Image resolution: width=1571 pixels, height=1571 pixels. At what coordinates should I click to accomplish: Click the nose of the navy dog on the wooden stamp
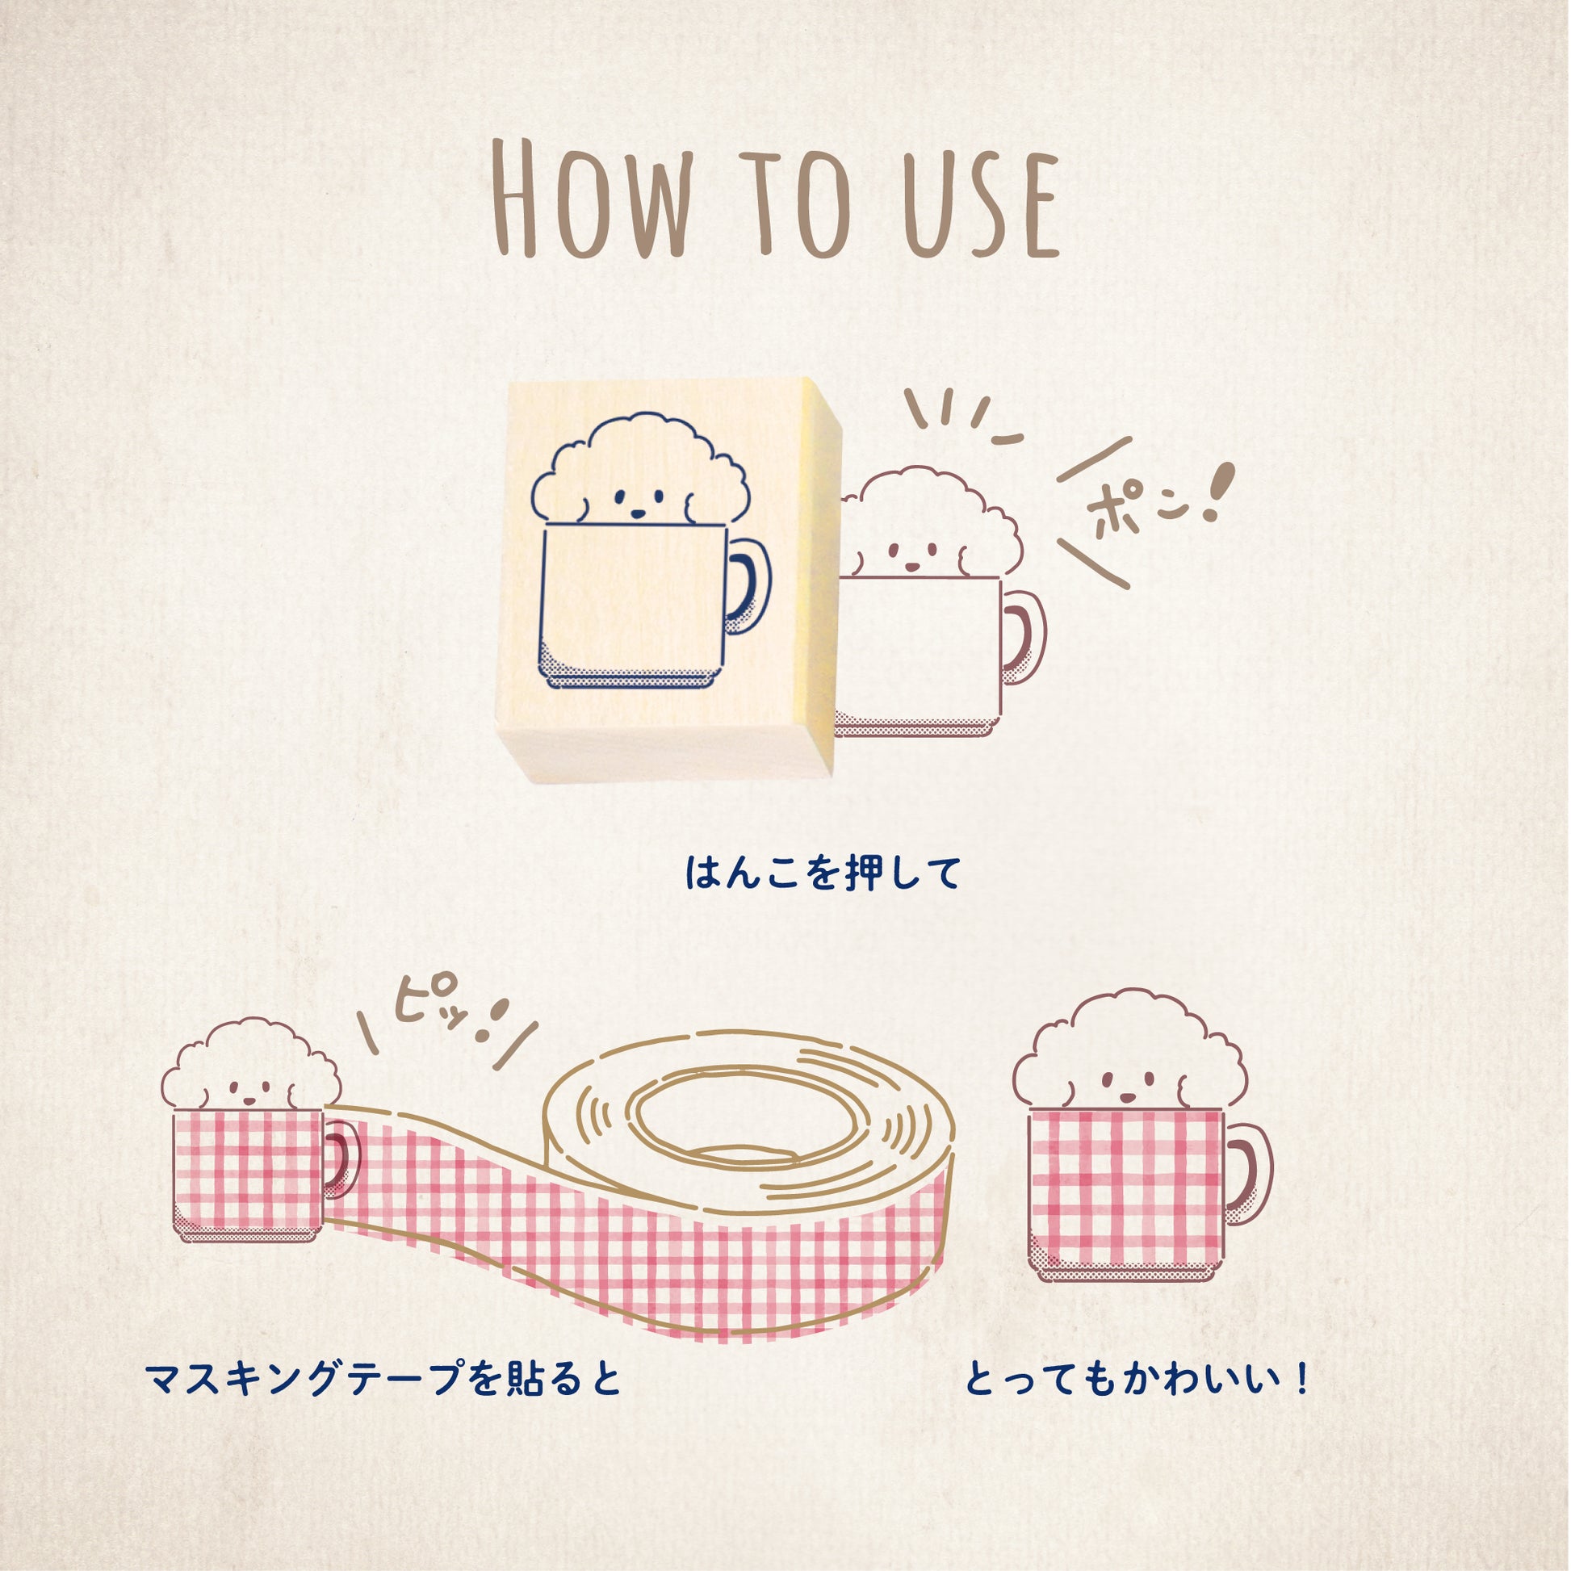click(x=639, y=514)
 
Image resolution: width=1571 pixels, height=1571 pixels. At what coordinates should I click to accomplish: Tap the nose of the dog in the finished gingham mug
click(x=1127, y=1097)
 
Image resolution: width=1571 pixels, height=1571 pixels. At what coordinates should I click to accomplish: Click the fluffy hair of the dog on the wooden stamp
click(x=643, y=452)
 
